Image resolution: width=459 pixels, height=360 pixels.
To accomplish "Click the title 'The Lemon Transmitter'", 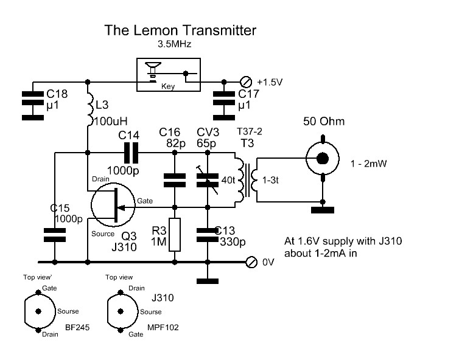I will click(181, 30).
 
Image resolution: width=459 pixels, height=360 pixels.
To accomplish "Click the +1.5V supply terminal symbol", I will click(247, 81).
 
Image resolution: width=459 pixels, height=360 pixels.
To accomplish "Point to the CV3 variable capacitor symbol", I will click(208, 178).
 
